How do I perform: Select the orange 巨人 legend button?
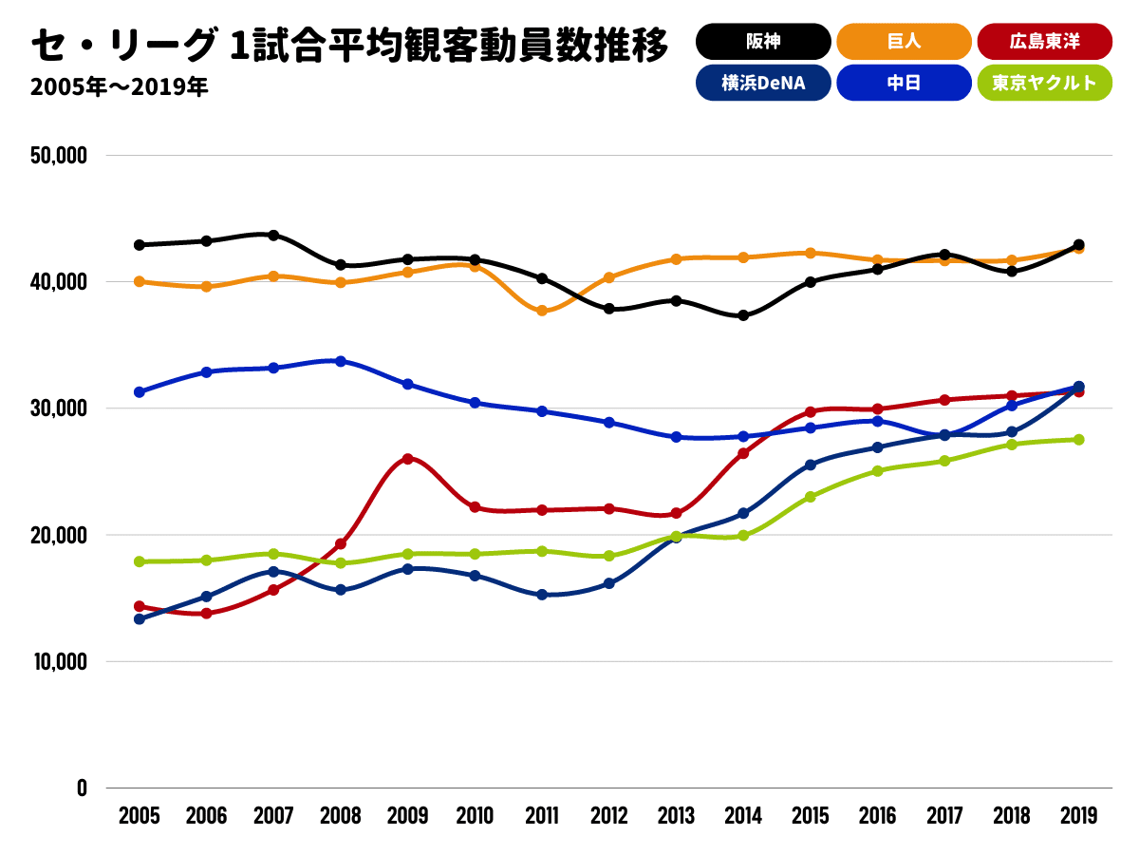click(x=904, y=42)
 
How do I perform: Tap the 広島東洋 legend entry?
click(x=1044, y=42)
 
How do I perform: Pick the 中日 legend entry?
click(x=904, y=83)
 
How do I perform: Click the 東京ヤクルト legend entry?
click(x=1044, y=83)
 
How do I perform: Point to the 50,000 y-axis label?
click(x=59, y=155)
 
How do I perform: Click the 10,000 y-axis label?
click(x=59, y=661)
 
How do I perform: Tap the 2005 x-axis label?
click(x=140, y=816)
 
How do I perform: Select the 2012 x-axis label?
click(x=608, y=816)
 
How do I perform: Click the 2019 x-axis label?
click(x=1078, y=816)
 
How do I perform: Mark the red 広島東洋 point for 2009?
click(x=408, y=459)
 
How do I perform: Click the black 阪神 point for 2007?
click(x=273, y=235)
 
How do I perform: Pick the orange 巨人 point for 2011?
click(x=542, y=311)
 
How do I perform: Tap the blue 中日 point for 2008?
click(x=341, y=361)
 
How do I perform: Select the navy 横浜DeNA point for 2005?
click(x=140, y=618)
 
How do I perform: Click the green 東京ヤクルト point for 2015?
click(x=811, y=497)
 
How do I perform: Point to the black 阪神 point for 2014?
click(x=743, y=315)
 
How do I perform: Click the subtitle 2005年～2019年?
click(x=119, y=87)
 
